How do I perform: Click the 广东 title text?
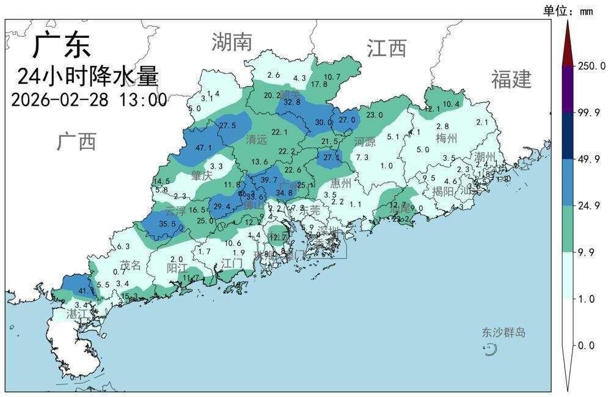61,45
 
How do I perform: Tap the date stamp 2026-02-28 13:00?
89,100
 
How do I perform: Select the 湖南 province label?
232,42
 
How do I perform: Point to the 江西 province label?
387,48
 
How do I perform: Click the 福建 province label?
511,79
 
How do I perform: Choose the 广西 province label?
77,141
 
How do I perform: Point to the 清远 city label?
257,140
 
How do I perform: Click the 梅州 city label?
447,139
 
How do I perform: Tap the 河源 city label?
365,142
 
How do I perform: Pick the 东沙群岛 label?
503,333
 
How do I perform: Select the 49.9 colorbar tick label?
590,159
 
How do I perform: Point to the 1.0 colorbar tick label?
587,299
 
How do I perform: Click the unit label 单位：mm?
568,10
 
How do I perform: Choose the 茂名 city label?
130,265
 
